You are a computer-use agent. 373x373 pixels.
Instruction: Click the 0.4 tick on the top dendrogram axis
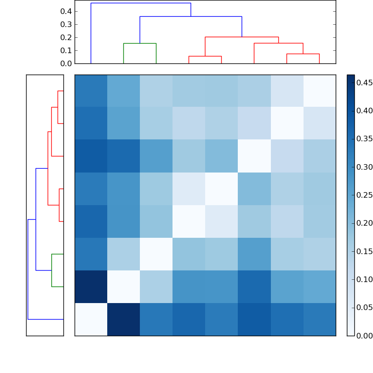point(67,11)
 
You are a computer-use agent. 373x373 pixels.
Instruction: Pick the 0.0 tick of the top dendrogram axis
point(67,63)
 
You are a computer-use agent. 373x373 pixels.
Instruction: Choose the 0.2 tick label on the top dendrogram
point(67,37)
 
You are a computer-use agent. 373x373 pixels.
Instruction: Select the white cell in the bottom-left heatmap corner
point(91,319)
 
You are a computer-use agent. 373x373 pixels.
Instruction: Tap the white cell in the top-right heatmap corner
point(319,91)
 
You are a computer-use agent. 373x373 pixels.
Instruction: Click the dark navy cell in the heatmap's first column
point(91,287)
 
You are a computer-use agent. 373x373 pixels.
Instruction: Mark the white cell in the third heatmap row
point(254,156)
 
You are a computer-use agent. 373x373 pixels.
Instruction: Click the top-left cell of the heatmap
point(91,91)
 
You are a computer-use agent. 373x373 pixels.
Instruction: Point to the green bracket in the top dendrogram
point(140,43)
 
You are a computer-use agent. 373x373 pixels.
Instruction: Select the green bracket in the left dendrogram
point(52,270)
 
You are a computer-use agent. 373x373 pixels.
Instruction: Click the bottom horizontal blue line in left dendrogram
point(46,319)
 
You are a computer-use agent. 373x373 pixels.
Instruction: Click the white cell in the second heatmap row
point(287,124)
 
